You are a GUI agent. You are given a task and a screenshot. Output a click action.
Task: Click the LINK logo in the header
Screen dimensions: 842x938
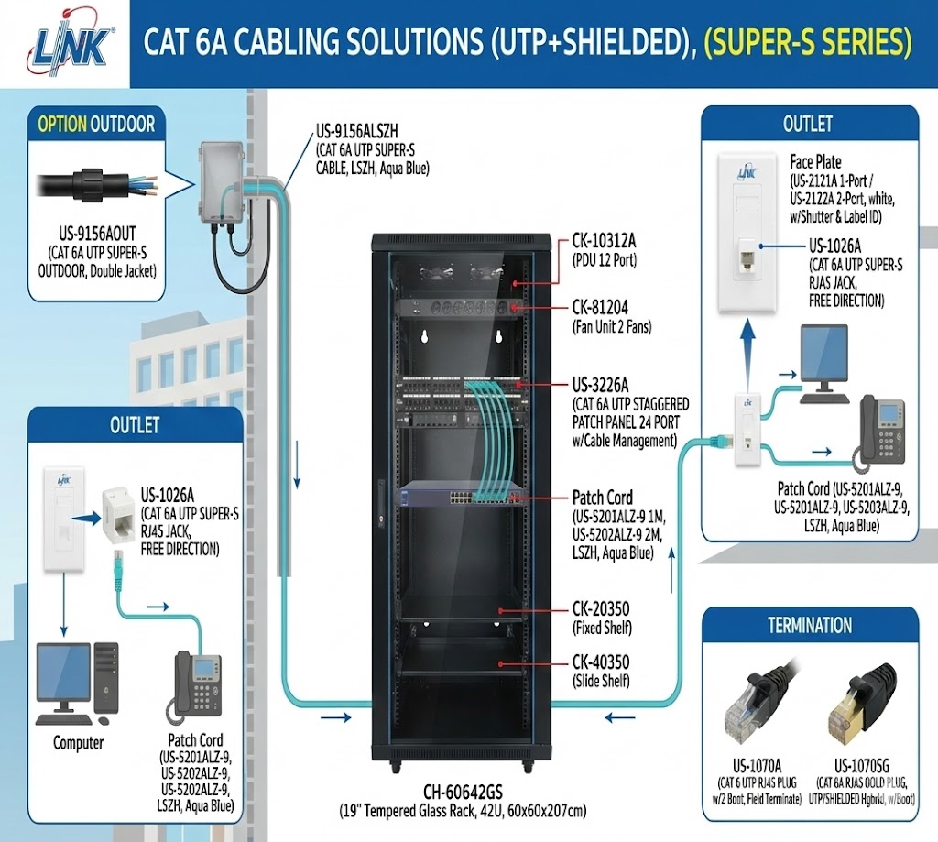(x=72, y=44)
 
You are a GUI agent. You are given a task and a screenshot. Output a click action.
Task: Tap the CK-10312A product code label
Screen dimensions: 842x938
(x=604, y=241)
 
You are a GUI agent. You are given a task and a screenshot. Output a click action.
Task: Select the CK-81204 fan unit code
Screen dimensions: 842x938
(x=602, y=305)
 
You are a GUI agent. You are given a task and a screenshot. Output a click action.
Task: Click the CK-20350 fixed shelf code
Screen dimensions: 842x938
(x=602, y=609)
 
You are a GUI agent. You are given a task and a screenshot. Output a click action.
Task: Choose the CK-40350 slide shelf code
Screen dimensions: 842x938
(x=602, y=662)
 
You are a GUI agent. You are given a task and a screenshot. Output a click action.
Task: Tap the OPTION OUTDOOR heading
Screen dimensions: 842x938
(x=96, y=124)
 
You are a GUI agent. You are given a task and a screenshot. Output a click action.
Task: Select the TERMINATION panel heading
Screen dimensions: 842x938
(x=810, y=626)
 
